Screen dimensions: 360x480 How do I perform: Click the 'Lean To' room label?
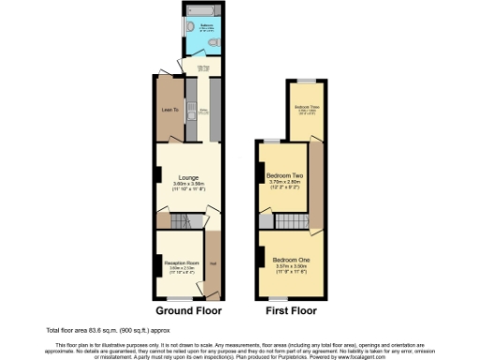coord(171,110)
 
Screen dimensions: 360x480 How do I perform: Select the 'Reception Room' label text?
coord(182,263)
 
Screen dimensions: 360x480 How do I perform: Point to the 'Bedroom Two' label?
coord(282,175)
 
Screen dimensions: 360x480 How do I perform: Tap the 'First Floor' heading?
coord(291,310)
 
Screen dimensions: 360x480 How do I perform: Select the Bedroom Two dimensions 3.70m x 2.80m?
coord(282,183)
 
